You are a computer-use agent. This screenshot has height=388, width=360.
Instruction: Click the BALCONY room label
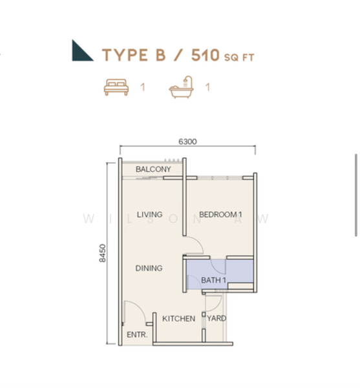[x=153, y=169]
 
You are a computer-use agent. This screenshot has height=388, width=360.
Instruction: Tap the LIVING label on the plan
[x=149, y=214]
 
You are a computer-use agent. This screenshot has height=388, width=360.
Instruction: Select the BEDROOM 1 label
[x=220, y=214]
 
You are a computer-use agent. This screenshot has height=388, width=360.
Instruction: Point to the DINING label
[x=149, y=268]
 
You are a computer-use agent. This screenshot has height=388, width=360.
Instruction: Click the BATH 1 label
[x=214, y=280]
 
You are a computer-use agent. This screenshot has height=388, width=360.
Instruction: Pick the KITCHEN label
[x=178, y=318]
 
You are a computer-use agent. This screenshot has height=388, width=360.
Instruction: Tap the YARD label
[x=217, y=318]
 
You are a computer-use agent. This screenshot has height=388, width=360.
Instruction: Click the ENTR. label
[x=137, y=335]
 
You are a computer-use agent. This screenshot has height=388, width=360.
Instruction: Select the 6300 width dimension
[x=187, y=142]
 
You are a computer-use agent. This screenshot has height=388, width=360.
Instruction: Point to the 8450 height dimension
[x=102, y=253]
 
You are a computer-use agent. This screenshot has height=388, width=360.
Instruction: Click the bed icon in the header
[x=116, y=87]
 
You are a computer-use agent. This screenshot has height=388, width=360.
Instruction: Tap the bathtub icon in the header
[x=181, y=87]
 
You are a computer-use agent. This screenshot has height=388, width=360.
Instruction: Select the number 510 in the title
[x=206, y=55]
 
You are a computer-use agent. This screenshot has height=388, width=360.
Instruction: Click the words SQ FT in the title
[x=239, y=58]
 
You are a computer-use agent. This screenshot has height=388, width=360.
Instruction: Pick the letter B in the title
[x=160, y=55]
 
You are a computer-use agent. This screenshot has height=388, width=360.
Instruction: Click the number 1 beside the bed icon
[x=143, y=87]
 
